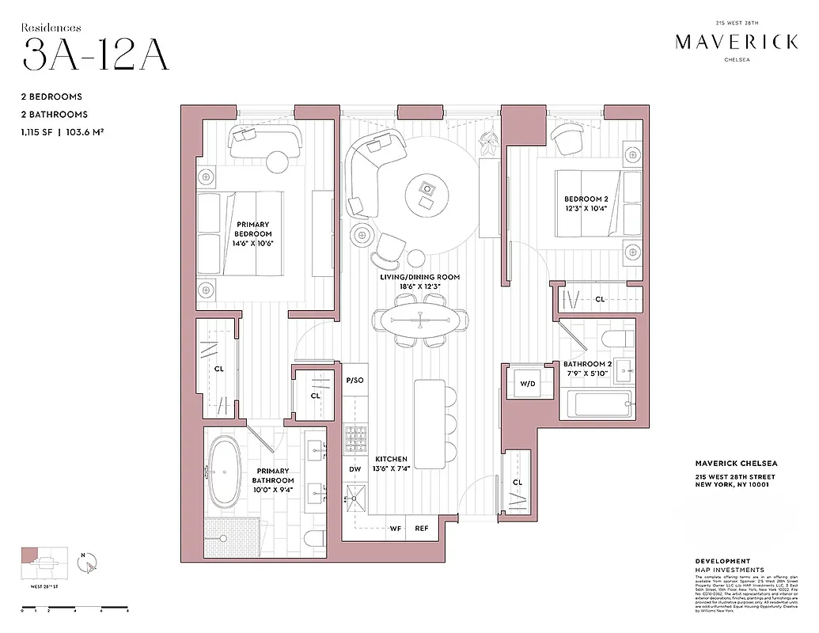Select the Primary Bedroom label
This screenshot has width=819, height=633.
(x=253, y=234)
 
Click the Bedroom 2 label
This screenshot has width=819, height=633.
(x=586, y=203)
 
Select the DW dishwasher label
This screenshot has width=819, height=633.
(x=355, y=469)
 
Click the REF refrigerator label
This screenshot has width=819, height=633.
(x=422, y=529)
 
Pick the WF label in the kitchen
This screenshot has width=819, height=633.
(x=395, y=529)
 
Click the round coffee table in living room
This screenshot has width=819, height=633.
(x=427, y=189)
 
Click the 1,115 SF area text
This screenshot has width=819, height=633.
(x=44, y=131)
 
